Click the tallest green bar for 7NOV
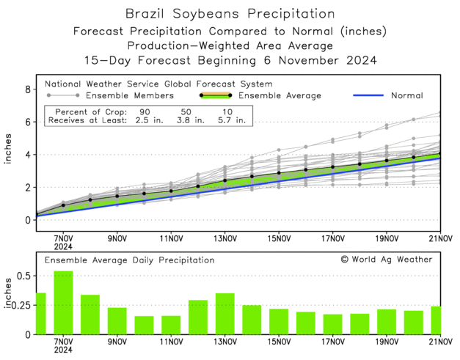point(63,302)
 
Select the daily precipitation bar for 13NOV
point(224,313)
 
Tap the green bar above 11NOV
point(171,325)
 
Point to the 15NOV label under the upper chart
point(279,238)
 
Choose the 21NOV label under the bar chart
point(440,341)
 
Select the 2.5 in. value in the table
point(143,120)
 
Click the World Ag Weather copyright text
point(387,259)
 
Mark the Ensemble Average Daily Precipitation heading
point(130,260)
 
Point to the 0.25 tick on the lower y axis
point(19,305)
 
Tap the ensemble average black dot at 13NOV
point(224,180)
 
